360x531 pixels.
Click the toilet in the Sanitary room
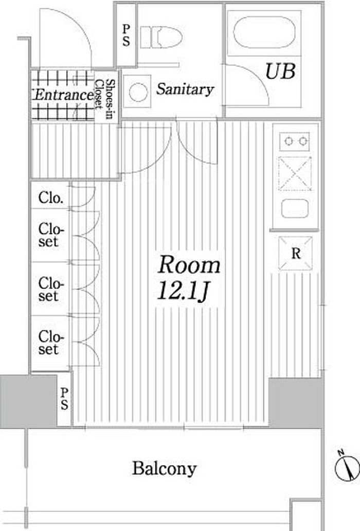click(161, 37)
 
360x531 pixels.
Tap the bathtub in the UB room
click(264, 32)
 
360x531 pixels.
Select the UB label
click(280, 71)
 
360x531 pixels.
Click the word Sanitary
click(185, 89)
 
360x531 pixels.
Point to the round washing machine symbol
click(138, 92)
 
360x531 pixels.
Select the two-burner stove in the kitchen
click(294, 141)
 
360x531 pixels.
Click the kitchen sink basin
click(295, 208)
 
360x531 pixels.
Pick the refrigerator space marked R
click(295, 253)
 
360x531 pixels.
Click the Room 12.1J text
click(188, 278)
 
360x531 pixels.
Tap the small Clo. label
click(51, 198)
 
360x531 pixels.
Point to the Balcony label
click(164, 469)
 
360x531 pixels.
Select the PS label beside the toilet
click(126, 35)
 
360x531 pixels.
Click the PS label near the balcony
click(64, 399)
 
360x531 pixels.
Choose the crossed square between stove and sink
click(295, 174)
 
